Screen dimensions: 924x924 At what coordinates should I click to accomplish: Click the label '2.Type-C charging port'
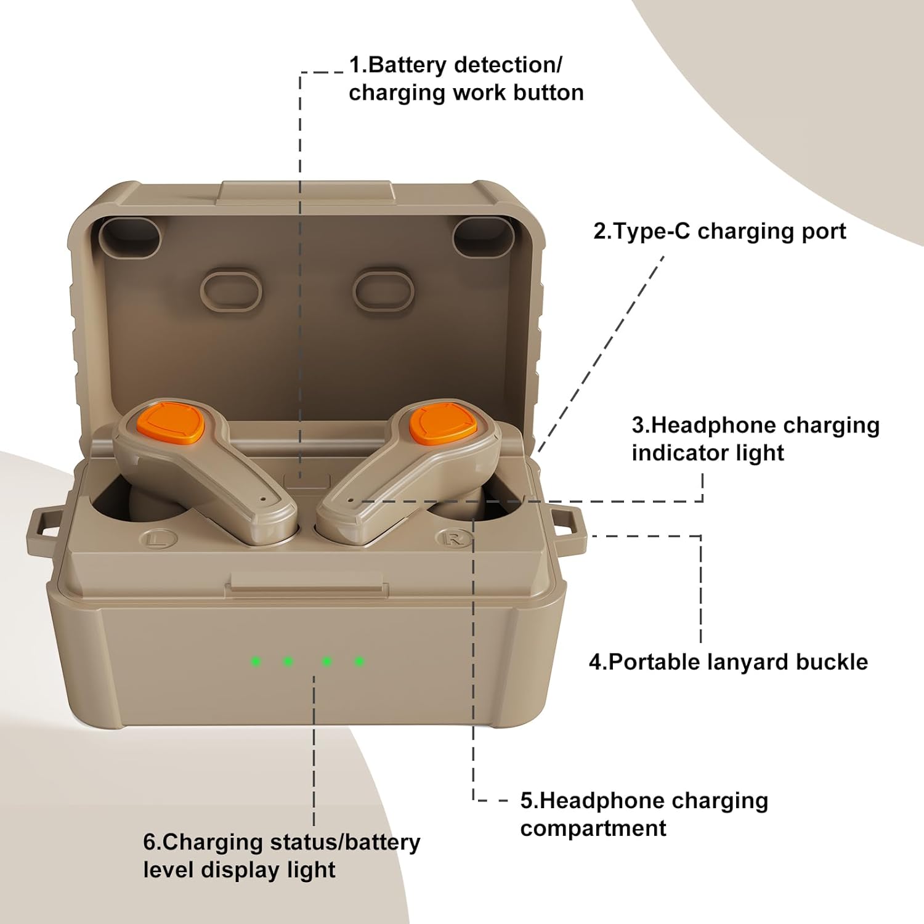[x=719, y=232]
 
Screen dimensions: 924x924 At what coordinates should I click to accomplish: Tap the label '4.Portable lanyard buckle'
[x=728, y=662]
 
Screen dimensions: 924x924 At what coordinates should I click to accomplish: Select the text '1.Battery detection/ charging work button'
[x=466, y=79]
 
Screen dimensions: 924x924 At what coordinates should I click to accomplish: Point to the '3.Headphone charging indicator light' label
[x=755, y=439]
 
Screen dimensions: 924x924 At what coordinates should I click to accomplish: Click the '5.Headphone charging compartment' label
[x=644, y=814]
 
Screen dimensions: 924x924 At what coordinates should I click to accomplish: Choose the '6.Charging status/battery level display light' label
[x=282, y=856]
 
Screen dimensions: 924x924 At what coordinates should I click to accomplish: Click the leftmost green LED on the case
[x=256, y=662]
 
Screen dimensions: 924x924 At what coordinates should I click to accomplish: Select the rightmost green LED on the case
[x=359, y=662]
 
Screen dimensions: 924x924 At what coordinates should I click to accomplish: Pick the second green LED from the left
[x=288, y=662]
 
